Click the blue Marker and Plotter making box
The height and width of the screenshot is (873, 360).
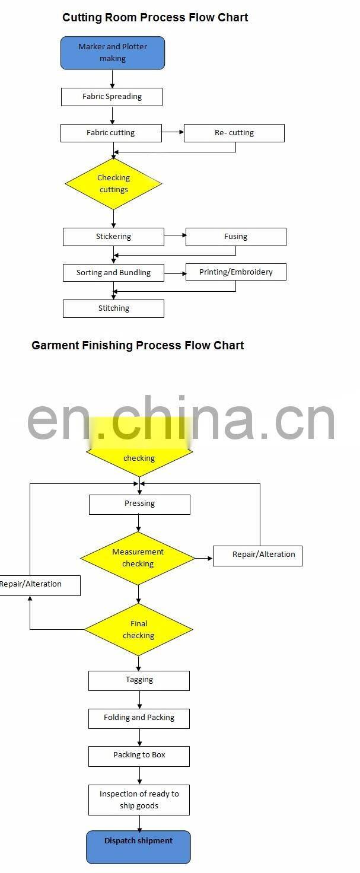click(113, 53)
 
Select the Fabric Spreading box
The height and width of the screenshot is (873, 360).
click(112, 97)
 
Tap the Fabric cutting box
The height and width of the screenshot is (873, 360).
click(111, 133)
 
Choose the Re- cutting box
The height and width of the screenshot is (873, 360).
click(234, 133)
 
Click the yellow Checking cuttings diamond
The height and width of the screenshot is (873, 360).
click(113, 184)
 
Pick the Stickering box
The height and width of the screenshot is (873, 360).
click(113, 237)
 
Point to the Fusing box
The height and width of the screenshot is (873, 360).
click(235, 237)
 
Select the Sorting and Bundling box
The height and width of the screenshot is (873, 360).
click(113, 273)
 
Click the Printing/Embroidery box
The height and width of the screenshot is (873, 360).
click(235, 272)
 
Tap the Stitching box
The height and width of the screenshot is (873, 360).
click(113, 308)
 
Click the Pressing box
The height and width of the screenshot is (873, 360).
click(139, 505)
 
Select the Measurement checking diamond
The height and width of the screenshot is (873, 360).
click(138, 559)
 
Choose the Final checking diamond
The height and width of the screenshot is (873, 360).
click(139, 629)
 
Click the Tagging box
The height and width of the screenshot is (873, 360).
click(139, 681)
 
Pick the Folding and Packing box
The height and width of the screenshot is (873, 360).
click(139, 719)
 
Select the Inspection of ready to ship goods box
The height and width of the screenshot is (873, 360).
click(139, 800)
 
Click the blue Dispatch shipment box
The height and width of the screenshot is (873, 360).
click(138, 847)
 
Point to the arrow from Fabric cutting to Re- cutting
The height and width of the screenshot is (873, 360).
click(173, 132)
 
